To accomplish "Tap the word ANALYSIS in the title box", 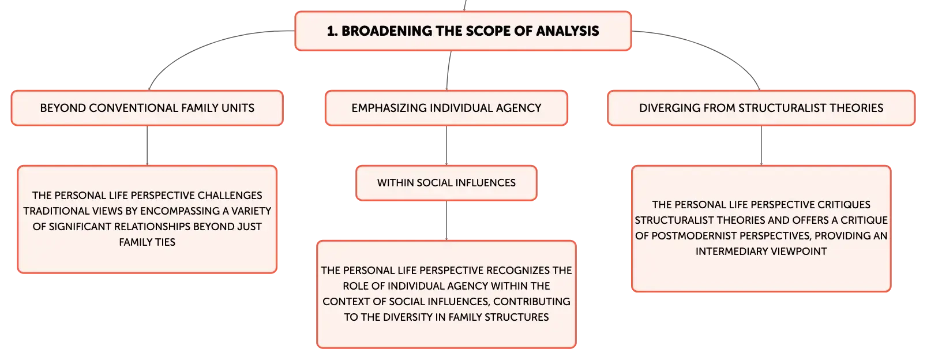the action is (x=568, y=31).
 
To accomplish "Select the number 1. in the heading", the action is (x=332, y=31).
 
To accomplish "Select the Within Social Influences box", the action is (x=446, y=183).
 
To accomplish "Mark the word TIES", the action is (x=165, y=242).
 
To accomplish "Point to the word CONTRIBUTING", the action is (x=532, y=302).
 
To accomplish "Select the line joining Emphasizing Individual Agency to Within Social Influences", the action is (x=446, y=145).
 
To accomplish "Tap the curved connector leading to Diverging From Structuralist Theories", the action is (x=712, y=47).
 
